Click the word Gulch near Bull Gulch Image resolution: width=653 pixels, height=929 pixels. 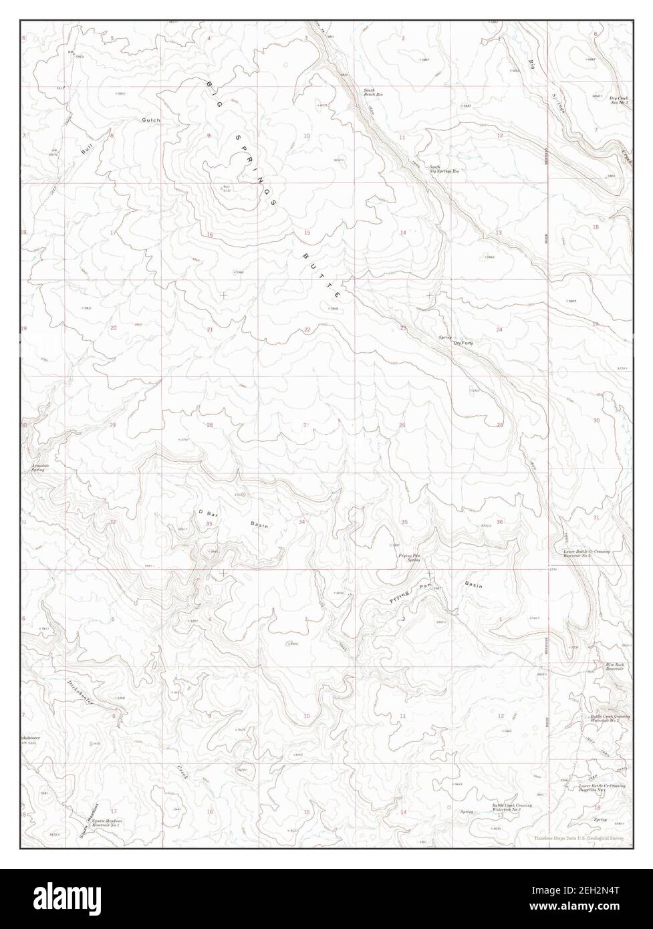point(150,120)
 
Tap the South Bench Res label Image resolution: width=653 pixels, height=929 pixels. point(373,93)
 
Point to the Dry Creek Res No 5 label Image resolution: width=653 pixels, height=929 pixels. point(618,100)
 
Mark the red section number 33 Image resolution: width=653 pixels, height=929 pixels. point(209,524)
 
